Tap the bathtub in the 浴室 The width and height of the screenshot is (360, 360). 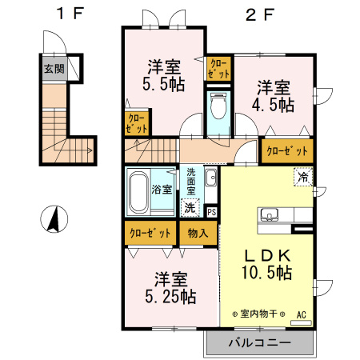(139, 190)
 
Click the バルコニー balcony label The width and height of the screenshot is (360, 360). (259, 343)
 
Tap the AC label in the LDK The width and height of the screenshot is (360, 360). (302, 315)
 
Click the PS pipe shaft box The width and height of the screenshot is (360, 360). (211, 212)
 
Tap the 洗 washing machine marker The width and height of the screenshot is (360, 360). (190, 207)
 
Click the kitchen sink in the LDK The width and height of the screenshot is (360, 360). (269, 214)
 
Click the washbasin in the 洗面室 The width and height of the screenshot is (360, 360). (211, 178)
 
